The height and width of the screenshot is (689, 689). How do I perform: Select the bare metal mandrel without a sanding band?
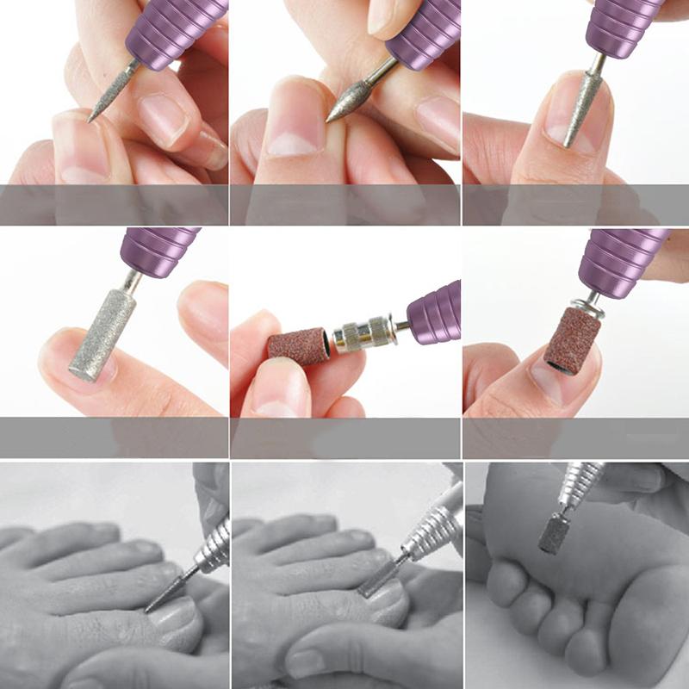click(363, 334)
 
